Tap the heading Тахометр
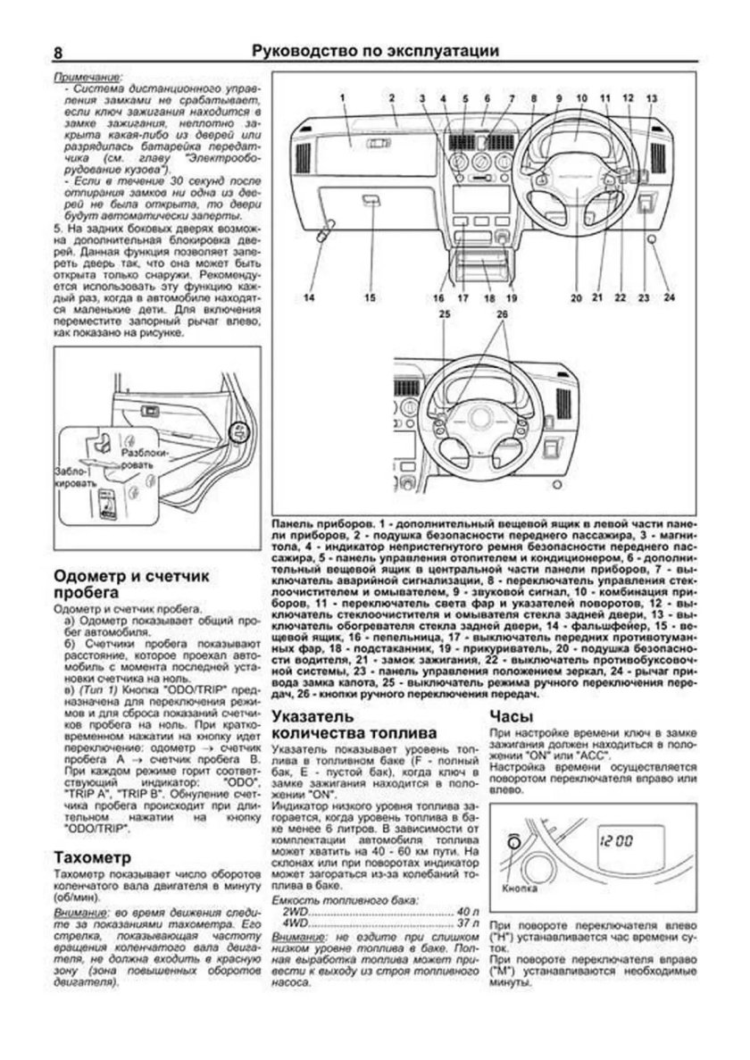point(87,858)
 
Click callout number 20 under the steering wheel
point(576,297)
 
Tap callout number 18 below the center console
point(487,297)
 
